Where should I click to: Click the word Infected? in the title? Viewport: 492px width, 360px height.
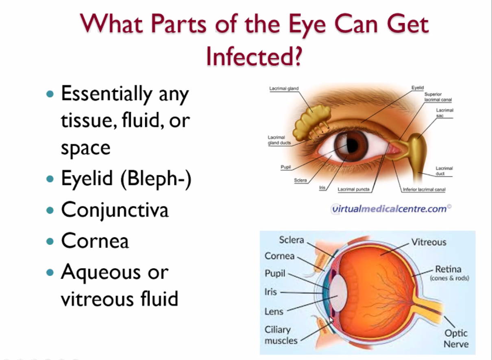point(255,56)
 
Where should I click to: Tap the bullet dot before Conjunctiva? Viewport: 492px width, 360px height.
point(50,210)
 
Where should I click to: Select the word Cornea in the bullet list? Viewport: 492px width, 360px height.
point(95,241)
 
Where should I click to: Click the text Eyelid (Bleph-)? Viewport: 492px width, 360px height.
point(126,179)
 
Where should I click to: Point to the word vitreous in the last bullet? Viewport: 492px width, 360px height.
point(97,299)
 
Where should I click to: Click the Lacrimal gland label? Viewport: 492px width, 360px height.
point(284,89)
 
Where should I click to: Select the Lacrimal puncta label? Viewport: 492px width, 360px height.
point(354,189)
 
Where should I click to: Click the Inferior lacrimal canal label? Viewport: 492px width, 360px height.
point(424,189)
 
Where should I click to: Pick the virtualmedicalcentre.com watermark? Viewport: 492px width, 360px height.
point(391,209)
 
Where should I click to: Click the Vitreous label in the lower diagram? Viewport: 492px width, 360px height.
point(429,242)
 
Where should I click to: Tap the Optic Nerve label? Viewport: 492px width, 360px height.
point(456,338)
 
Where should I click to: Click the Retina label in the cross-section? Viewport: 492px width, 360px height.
point(448,269)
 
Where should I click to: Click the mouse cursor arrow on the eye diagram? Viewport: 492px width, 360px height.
point(331,320)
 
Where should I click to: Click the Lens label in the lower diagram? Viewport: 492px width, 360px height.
point(274,312)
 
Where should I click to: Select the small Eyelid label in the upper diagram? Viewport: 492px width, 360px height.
point(418,88)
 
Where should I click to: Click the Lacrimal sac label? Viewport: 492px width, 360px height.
point(444,113)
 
